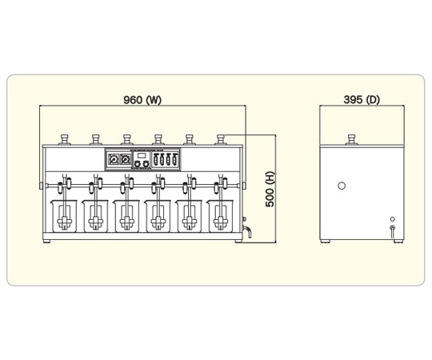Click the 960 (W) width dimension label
(142, 100)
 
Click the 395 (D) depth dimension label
(362, 100)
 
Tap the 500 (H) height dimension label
(270, 189)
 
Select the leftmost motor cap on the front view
(65, 140)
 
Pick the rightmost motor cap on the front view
(221, 140)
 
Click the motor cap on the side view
(351, 140)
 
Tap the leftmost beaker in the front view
(63, 216)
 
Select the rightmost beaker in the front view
(220, 216)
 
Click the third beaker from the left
(126, 216)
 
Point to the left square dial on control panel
(114, 159)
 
